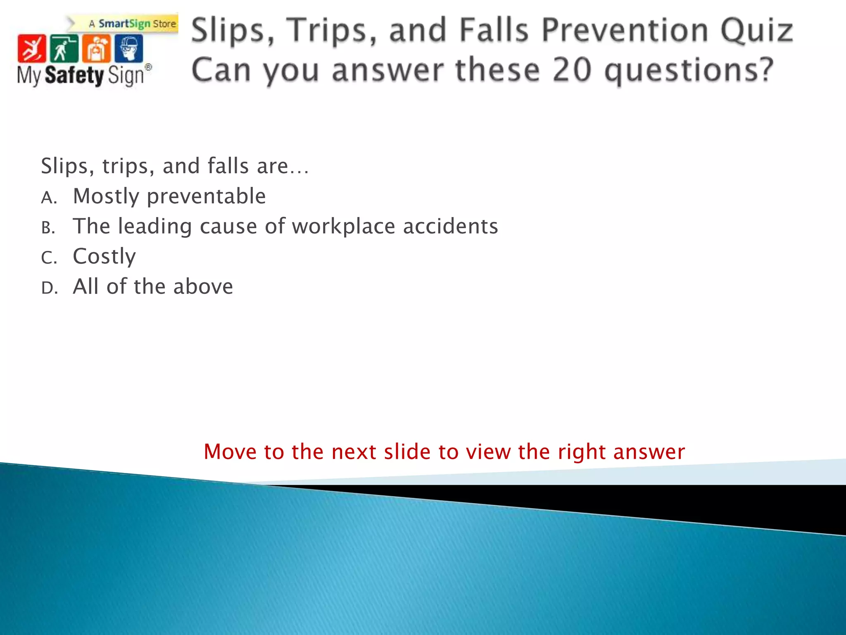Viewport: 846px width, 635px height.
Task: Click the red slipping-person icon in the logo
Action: [x=31, y=48]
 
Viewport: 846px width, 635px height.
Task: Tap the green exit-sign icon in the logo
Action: [x=64, y=48]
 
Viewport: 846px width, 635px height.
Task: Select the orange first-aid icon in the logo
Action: [x=96, y=48]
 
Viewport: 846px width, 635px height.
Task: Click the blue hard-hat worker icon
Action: [x=128, y=48]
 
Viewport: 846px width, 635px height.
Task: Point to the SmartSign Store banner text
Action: [x=132, y=24]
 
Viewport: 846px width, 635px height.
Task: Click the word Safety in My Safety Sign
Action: [x=74, y=76]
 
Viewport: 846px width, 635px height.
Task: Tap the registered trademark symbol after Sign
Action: [x=148, y=67]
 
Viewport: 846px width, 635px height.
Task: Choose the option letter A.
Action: [x=48, y=198]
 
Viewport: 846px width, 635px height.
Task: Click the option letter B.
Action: [x=48, y=228]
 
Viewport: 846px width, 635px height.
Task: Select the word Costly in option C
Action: [x=104, y=256]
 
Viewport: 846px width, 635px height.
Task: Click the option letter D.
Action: [x=49, y=288]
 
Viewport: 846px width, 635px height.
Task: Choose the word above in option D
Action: [x=203, y=286]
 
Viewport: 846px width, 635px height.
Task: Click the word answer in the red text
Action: [x=649, y=451]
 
